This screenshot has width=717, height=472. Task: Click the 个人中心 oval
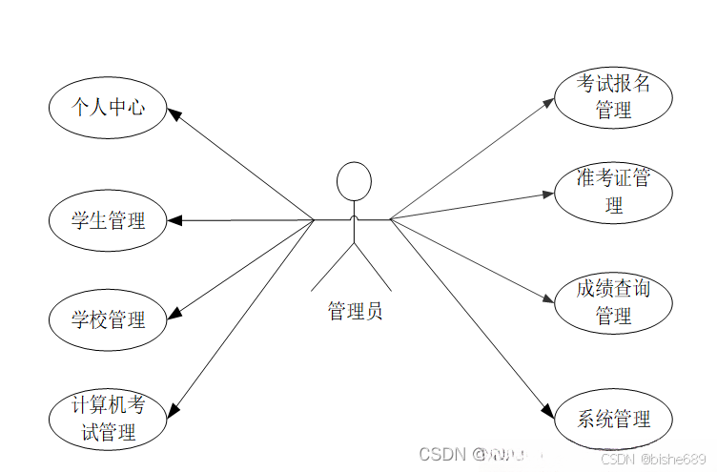(x=108, y=107)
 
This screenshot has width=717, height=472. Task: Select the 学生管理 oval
(x=108, y=220)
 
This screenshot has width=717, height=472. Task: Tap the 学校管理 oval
(x=108, y=319)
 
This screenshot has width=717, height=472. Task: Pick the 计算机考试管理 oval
(x=108, y=419)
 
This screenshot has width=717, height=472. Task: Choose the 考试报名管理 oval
(x=613, y=97)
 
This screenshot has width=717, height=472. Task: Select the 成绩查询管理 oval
(x=613, y=302)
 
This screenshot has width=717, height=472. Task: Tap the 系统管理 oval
(x=613, y=419)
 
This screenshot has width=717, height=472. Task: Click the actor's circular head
(x=354, y=180)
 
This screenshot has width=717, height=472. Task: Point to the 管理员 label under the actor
(x=355, y=311)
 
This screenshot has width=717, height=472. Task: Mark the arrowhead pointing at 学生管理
(x=174, y=220)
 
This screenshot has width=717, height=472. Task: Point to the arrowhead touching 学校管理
(x=174, y=314)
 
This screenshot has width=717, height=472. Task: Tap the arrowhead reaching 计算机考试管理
(x=173, y=411)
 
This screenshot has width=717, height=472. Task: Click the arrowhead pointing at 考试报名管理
(x=547, y=99)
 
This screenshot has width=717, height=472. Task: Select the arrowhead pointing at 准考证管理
(x=547, y=195)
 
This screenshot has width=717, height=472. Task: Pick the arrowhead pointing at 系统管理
(x=547, y=413)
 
